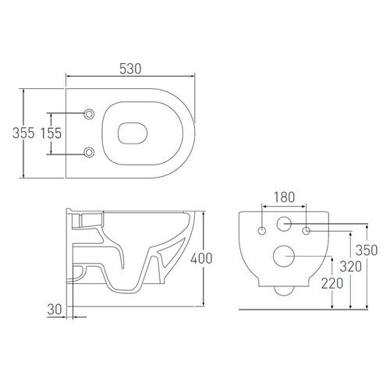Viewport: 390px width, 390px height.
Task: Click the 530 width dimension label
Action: pyautogui.click(x=130, y=69)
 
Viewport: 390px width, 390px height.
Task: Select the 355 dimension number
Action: pyautogui.click(x=23, y=133)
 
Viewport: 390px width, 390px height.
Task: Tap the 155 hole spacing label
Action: pyautogui.click(x=51, y=133)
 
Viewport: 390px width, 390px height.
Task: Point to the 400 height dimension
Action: pyautogui.click(x=201, y=258)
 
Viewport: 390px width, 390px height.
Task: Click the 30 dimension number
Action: pyautogui.click(x=55, y=309)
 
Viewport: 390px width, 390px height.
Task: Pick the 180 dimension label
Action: pyautogui.click(x=285, y=197)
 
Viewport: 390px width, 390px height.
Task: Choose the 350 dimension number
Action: pyautogui.click(x=367, y=250)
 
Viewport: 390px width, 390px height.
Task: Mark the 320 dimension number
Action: pyautogui.click(x=351, y=267)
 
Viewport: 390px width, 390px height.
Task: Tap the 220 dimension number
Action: pyautogui.click(x=332, y=283)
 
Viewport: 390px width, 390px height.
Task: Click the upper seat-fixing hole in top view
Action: pyautogui.click(x=89, y=114)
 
